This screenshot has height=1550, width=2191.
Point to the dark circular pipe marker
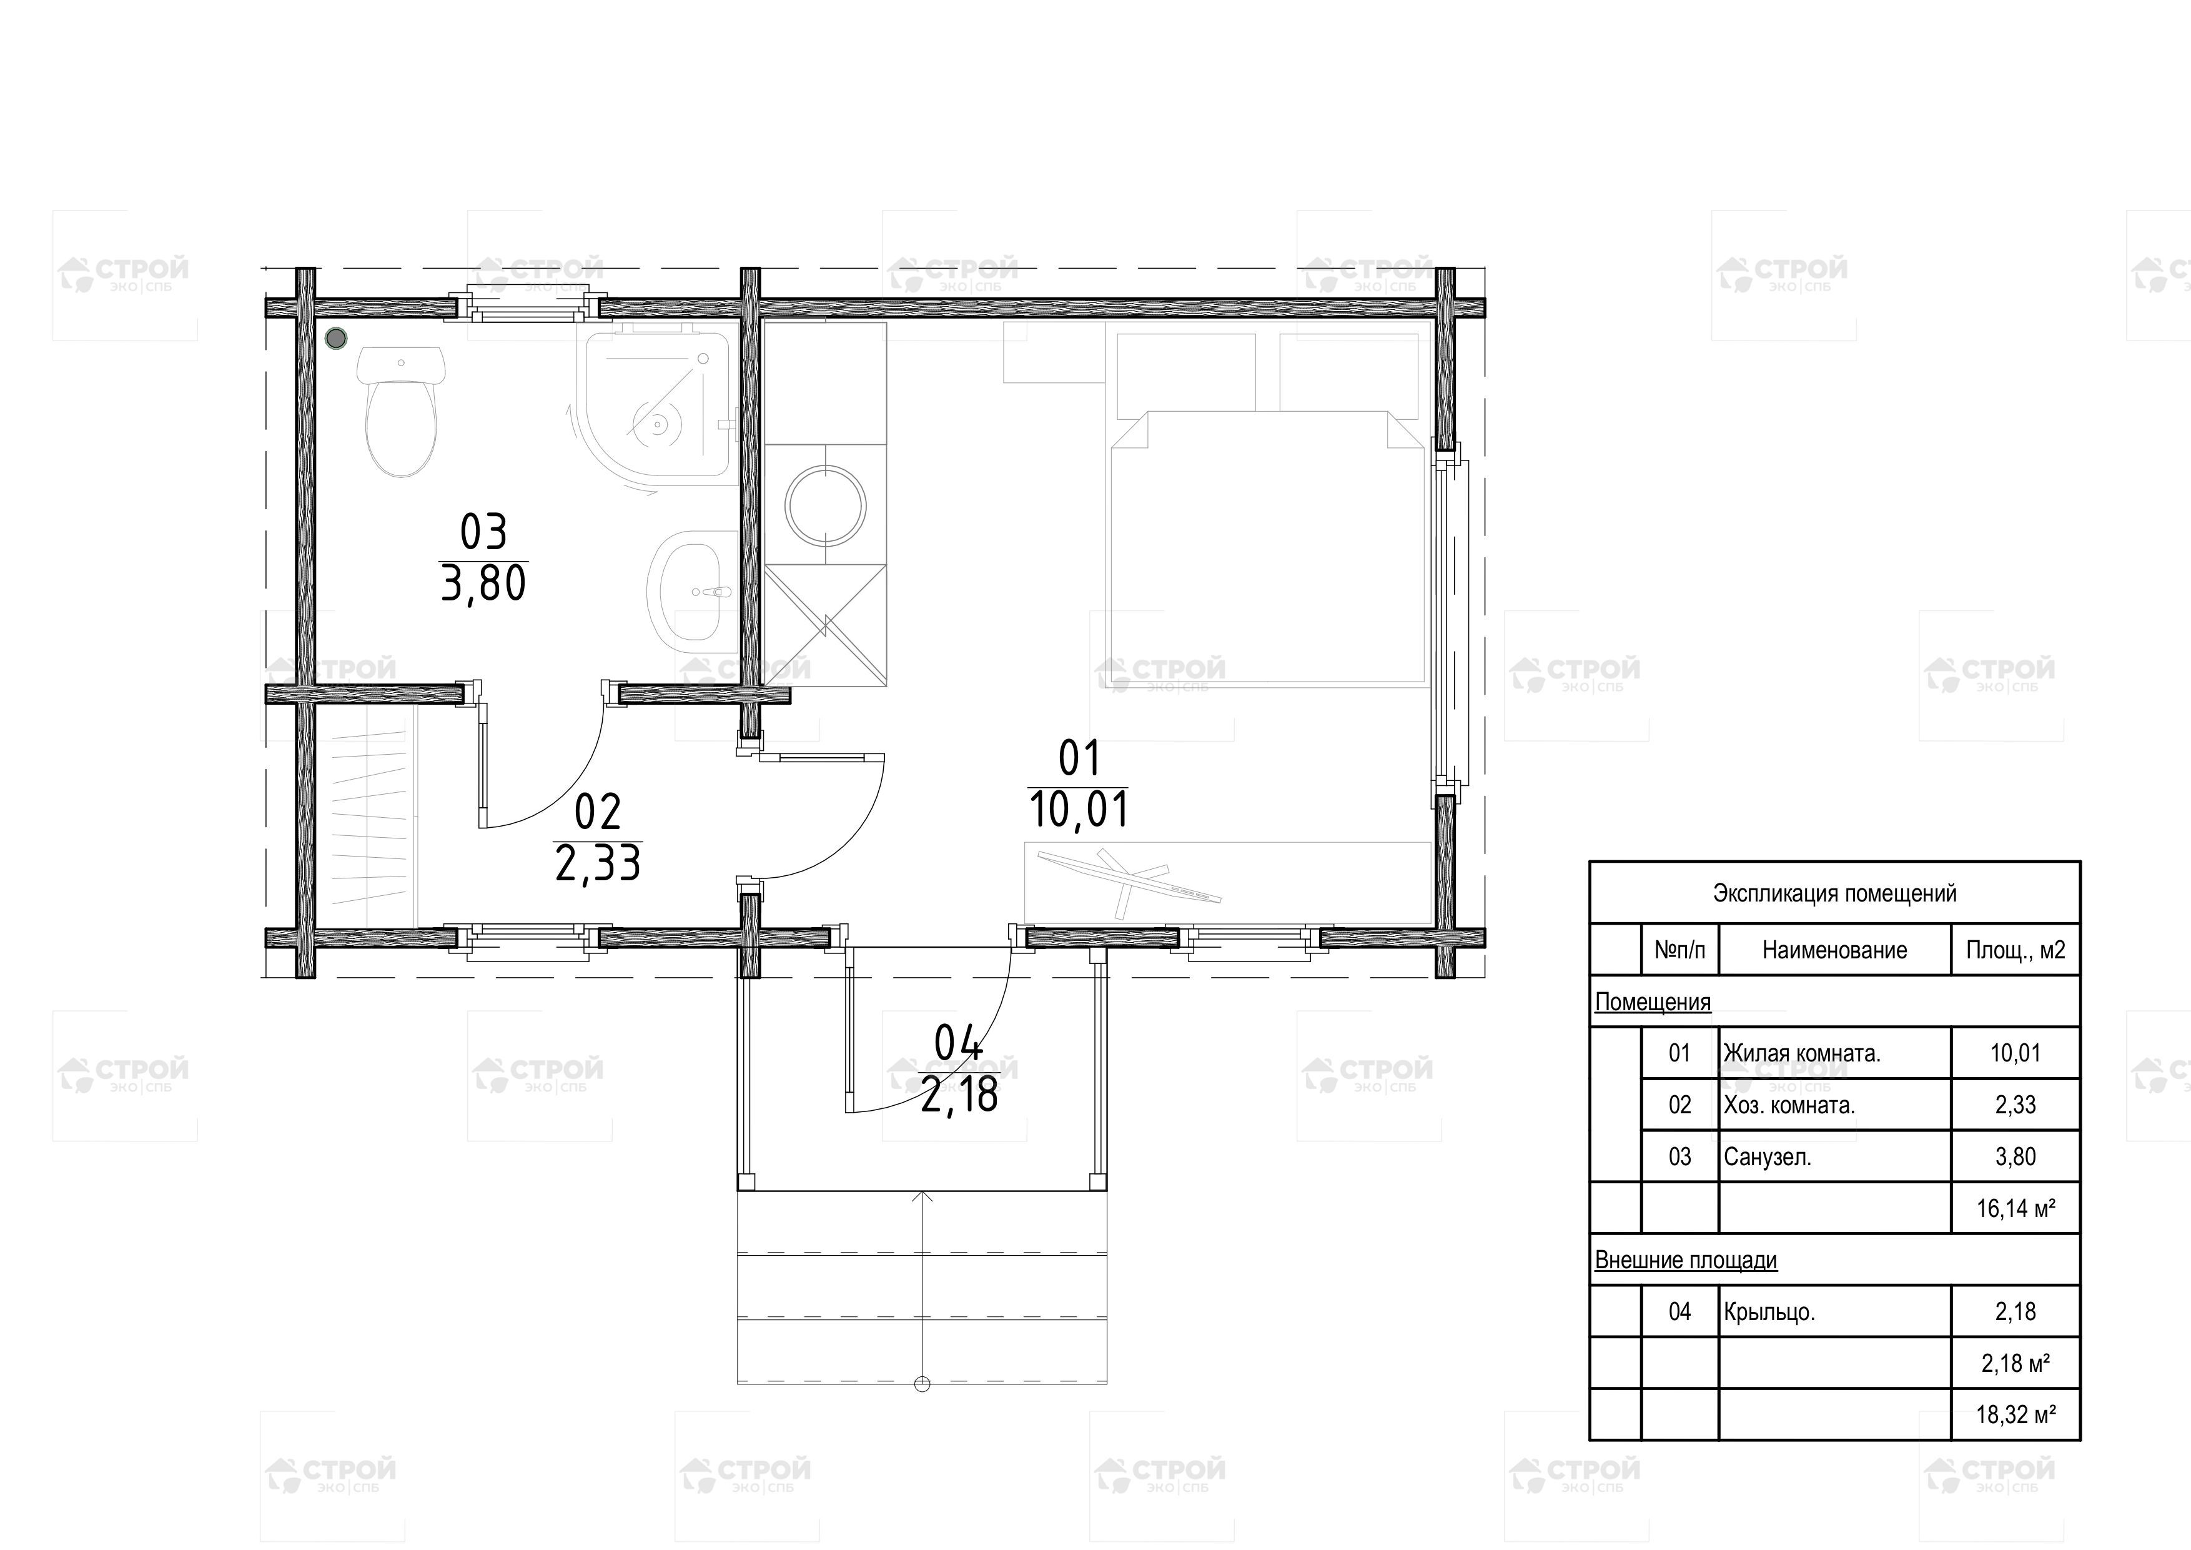coord(336,338)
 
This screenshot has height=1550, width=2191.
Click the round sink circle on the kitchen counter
coord(826,505)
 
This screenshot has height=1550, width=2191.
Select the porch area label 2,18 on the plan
coord(959,1094)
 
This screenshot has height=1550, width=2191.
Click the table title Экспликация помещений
coord(1834,893)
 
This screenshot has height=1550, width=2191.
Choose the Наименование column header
coord(1834,950)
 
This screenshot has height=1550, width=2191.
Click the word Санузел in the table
coord(1766,1158)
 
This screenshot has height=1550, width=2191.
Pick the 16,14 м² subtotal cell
coord(2015,1208)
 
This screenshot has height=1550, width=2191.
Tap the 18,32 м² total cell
coord(2015,1414)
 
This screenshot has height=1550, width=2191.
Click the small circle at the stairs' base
coord(922,1384)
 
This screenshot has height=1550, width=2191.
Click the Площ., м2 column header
coord(2015,950)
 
